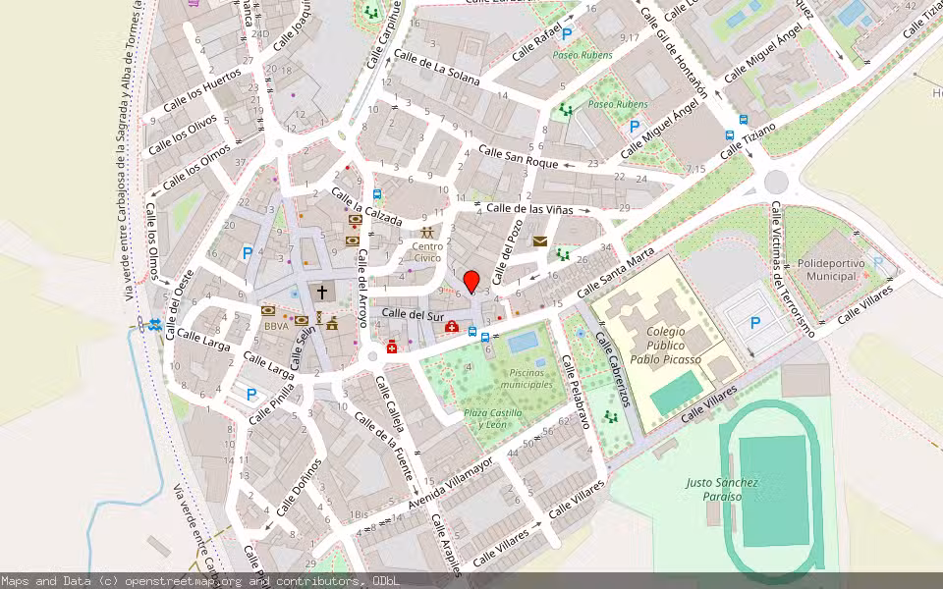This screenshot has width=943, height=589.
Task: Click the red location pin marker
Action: (x=471, y=281)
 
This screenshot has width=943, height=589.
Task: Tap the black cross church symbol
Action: (x=321, y=293)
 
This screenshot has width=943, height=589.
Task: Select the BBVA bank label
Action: (x=276, y=326)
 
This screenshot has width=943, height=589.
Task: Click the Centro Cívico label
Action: (x=427, y=251)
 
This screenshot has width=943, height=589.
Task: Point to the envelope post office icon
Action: (x=539, y=241)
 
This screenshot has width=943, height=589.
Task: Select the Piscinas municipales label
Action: (x=521, y=378)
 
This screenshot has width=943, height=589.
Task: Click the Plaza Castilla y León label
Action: (x=493, y=419)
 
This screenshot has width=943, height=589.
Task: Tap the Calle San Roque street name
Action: (x=518, y=156)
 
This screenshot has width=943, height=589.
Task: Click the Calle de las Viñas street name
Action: (x=530, y=208)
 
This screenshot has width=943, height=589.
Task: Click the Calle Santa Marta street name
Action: (x=615, y=274)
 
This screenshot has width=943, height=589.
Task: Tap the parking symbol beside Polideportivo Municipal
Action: (x=755, y=322)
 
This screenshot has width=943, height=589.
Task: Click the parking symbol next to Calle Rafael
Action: (x=566, y=32)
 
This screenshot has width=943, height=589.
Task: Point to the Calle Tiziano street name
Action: (x=748, y=140)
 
